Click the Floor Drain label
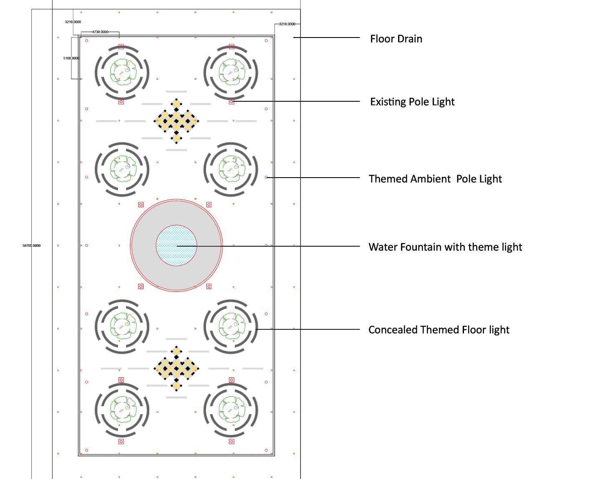pos(396,39)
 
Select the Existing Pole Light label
pos(412,102)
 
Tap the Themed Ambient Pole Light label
pos(435,179)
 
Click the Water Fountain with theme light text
pos(445,247)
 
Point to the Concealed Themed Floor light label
pos(439,330)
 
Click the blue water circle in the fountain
pos(176,246)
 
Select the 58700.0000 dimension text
pos(32,246)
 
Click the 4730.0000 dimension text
pos(100,32)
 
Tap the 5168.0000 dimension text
pos(71,58)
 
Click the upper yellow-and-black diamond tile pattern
pos(176,121)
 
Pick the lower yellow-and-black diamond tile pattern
pos(176,368)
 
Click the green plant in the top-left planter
pos(122,71)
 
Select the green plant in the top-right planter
pos(231,71)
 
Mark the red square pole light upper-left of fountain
pos(141,205)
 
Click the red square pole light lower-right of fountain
pos(209,286)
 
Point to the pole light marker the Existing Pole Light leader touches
pos(232,102)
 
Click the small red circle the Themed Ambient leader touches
pos(266,177)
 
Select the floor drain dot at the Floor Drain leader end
pos(294,38)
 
